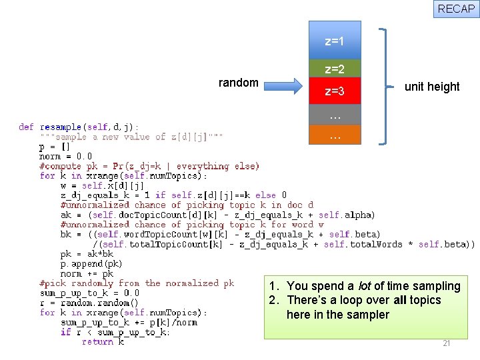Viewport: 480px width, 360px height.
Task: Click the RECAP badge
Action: [x=457, y=9]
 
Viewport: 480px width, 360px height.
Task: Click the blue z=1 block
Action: [x=335, y=41]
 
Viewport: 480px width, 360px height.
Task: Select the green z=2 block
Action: [x=335, y=69]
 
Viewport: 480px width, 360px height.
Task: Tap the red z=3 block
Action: [x=335, y=91]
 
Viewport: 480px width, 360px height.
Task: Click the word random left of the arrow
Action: [x=239, y=83]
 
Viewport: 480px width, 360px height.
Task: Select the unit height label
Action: [x=432, y=87]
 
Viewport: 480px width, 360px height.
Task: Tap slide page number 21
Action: [x=447, y=343]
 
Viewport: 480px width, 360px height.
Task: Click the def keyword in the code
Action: [x=27, y=127]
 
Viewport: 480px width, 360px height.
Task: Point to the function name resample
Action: [x=61, y=127]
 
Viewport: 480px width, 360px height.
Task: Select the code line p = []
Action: [x=55, y=147]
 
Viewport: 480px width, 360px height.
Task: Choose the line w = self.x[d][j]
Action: [x=102, y=185]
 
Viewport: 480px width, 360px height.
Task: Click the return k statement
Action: [x=103, y=341]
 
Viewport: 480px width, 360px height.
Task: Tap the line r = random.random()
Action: [x=89, y=303]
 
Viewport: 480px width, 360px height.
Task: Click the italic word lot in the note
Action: [x=365, y=286]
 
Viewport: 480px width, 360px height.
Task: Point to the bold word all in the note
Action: [x=396, y=300]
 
